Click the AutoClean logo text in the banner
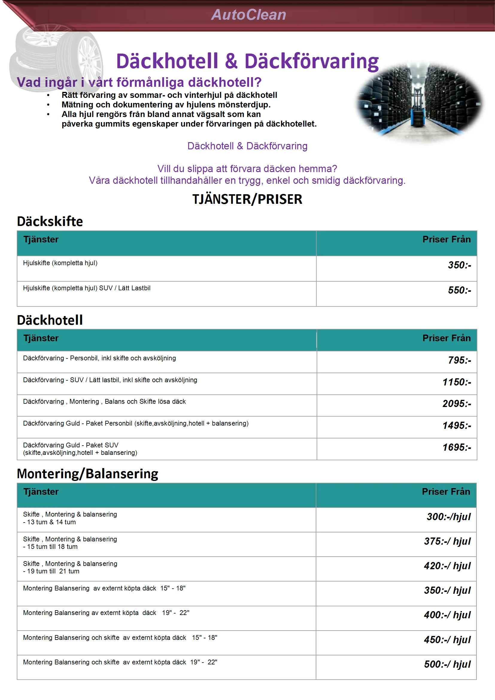coord(248,15)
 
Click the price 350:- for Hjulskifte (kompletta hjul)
coord(459,265)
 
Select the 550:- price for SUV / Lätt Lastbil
coord(459,290)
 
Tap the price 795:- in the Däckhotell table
coord(459,360)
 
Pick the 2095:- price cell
coord(456,403)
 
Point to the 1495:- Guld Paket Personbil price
coord(456,425)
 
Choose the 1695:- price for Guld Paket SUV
coord(456,447)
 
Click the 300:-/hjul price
coord(448,517)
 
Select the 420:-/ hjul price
coord(447,566)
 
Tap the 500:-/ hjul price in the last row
coord(447,664)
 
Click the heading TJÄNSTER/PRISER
coord(247,199)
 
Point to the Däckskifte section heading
coord(50,221)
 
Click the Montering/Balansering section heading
coord(87,474)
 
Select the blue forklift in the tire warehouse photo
coord(418,113)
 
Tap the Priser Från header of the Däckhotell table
coord(446,338)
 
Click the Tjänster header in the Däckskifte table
coord(41,239)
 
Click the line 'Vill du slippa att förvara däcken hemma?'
coord(247,168)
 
